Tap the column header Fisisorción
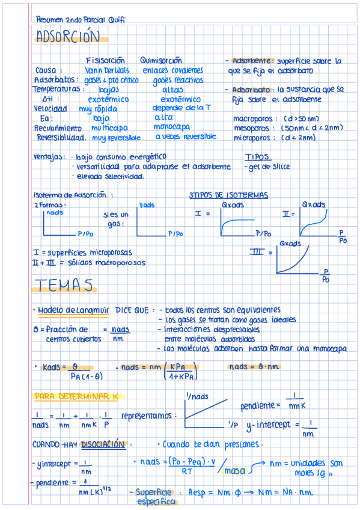(x=105, y=60)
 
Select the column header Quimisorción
(x=160, y=60)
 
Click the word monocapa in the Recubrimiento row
(x=172, y=127)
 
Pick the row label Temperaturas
(x=58, y=89)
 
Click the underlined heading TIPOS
(x=257, y=157)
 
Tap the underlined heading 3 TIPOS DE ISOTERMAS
(x=228, y=195)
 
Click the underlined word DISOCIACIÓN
(x=105, y=444)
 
